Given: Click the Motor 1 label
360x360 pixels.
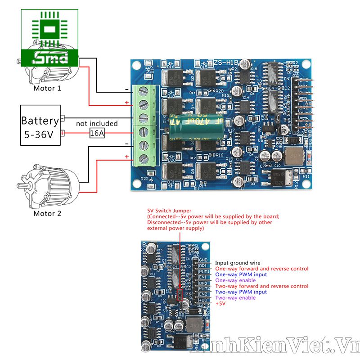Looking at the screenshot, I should click(x=47, y=88).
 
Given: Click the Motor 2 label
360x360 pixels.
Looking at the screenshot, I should click(x=47, y=213).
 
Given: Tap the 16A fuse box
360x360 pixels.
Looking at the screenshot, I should click(x=97, y=133).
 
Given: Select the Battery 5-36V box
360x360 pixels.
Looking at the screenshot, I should click(x=40, y=126).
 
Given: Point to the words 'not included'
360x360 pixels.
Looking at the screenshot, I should click(x=97, y=123).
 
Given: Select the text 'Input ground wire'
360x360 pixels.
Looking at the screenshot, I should click(x=237, y=263).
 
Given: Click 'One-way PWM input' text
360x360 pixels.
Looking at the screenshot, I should click(x=241, y=274).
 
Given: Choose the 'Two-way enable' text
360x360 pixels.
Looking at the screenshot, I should click(x=235, y=298).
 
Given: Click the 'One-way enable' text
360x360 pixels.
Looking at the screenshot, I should click(x=235, y=280).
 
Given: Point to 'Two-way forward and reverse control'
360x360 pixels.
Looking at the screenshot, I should click(x=261, y=286).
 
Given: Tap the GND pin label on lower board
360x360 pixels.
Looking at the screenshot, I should click(x=203, y=260).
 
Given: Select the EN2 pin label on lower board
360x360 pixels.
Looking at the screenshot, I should click(x=203, y=294).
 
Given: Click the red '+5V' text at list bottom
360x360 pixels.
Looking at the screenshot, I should click(x=220, y=304).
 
